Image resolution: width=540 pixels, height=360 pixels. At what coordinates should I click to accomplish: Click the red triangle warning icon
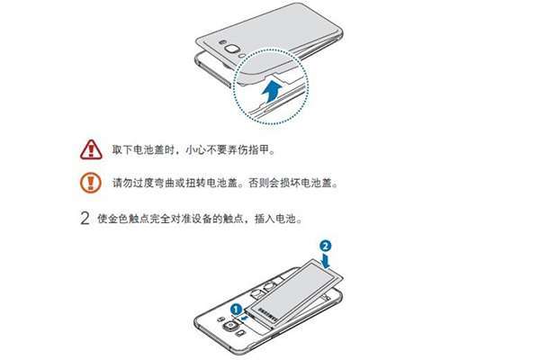pyautogui.click(x=91, y=150)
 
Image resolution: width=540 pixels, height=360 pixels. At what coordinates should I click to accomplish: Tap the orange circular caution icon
pyautogui.click(x=91, y=183)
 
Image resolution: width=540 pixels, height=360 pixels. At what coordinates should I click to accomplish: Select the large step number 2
pyautogui.click(x=85, y=219)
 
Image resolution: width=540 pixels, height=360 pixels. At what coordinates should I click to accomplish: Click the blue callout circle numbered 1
pyautogui.click(x=236, y=309)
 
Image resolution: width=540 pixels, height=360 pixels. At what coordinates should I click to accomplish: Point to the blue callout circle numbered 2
pyautogui.click(x=326, y=246)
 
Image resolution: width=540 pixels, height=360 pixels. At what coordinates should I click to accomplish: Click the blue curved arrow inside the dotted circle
pyautogui.click(x=271, y=91)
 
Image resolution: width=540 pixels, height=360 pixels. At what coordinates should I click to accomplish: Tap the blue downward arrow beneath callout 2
pyautogui.click(x=326, y=261)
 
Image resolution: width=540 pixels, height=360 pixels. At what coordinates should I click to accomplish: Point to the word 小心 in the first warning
pyautogui.click(x=195, y=150)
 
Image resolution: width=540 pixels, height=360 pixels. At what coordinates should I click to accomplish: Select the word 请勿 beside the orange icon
pyautogui.click(x=122, y=183)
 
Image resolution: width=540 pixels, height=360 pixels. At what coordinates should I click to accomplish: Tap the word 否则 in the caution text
pyautogui.click(x=258, y=183)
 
